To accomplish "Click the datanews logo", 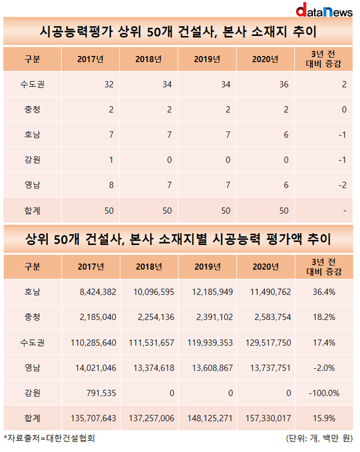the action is point(324,10).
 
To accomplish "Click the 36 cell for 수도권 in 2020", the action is point(284,84).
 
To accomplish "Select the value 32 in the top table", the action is point(109,84).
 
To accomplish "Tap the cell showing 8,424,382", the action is point(98,292).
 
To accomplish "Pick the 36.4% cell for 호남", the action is point(324,292).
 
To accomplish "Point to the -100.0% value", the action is point(324,393).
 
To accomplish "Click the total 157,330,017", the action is point(268,419).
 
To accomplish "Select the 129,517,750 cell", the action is point(268,343).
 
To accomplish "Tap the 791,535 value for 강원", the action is point(101,393).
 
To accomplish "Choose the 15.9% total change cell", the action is point(324,419).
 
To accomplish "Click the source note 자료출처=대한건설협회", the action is point(49,438).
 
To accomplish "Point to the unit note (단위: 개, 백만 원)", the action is point(319,438).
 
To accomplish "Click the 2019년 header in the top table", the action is point(207,59).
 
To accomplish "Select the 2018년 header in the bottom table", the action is point(149,267).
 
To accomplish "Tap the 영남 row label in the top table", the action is point(32,185).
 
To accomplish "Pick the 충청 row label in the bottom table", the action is point(32,317).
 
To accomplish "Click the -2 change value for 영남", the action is point(343,185).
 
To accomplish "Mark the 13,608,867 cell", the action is point(212,368).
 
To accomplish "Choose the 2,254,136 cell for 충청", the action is point(156,317).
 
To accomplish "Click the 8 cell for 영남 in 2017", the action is point(111,185).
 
